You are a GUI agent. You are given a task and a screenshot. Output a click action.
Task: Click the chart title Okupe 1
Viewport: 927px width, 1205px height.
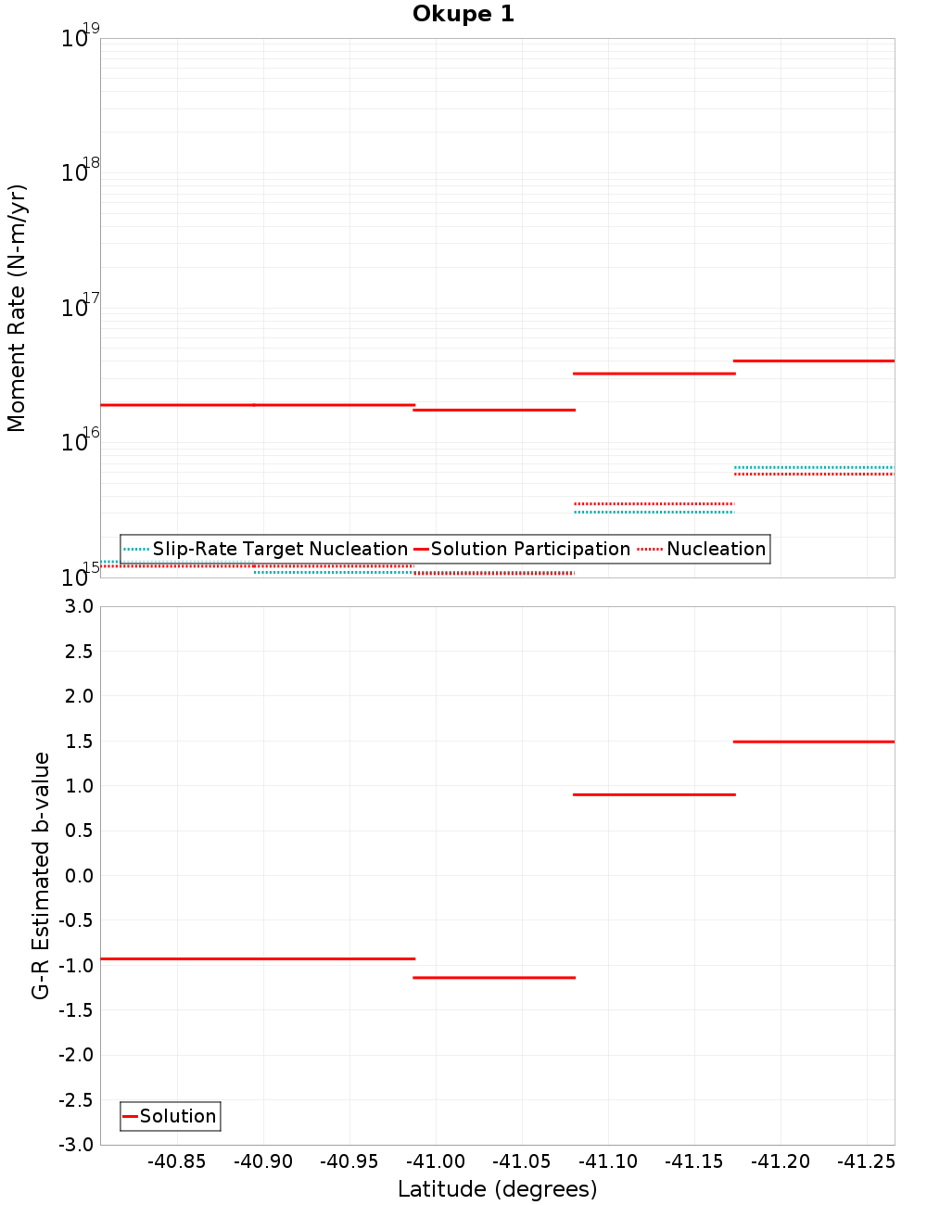(x=463, y=14)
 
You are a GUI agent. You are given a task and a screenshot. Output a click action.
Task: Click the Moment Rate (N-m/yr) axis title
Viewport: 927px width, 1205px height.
(x=17, y=308)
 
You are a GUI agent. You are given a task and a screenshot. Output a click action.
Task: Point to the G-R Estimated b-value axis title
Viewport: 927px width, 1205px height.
(x=41, y=875)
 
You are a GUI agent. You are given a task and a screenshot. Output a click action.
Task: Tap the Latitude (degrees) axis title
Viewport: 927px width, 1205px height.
(x=497, y=1189)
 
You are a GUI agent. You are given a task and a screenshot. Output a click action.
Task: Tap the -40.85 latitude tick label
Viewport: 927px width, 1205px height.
(x=177, y=1161)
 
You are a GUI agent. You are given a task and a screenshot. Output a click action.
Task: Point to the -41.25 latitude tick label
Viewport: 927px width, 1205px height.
(x=867, y=1161)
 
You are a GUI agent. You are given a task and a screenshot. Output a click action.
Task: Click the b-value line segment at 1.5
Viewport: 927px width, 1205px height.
(x=814, y=742)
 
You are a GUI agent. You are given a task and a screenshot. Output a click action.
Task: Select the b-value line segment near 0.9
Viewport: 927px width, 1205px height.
(x=654, y=794)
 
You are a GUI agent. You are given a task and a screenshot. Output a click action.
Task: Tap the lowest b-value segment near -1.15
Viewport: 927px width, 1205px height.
(x=494, y=977)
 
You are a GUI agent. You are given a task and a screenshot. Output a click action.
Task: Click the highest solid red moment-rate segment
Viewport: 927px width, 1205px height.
(x=814, y=361)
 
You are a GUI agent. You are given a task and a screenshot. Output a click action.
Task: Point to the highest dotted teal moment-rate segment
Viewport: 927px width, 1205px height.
(x=814, y=467)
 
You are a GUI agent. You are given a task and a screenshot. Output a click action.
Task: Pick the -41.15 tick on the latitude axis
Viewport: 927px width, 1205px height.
(x=694, y=1161)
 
